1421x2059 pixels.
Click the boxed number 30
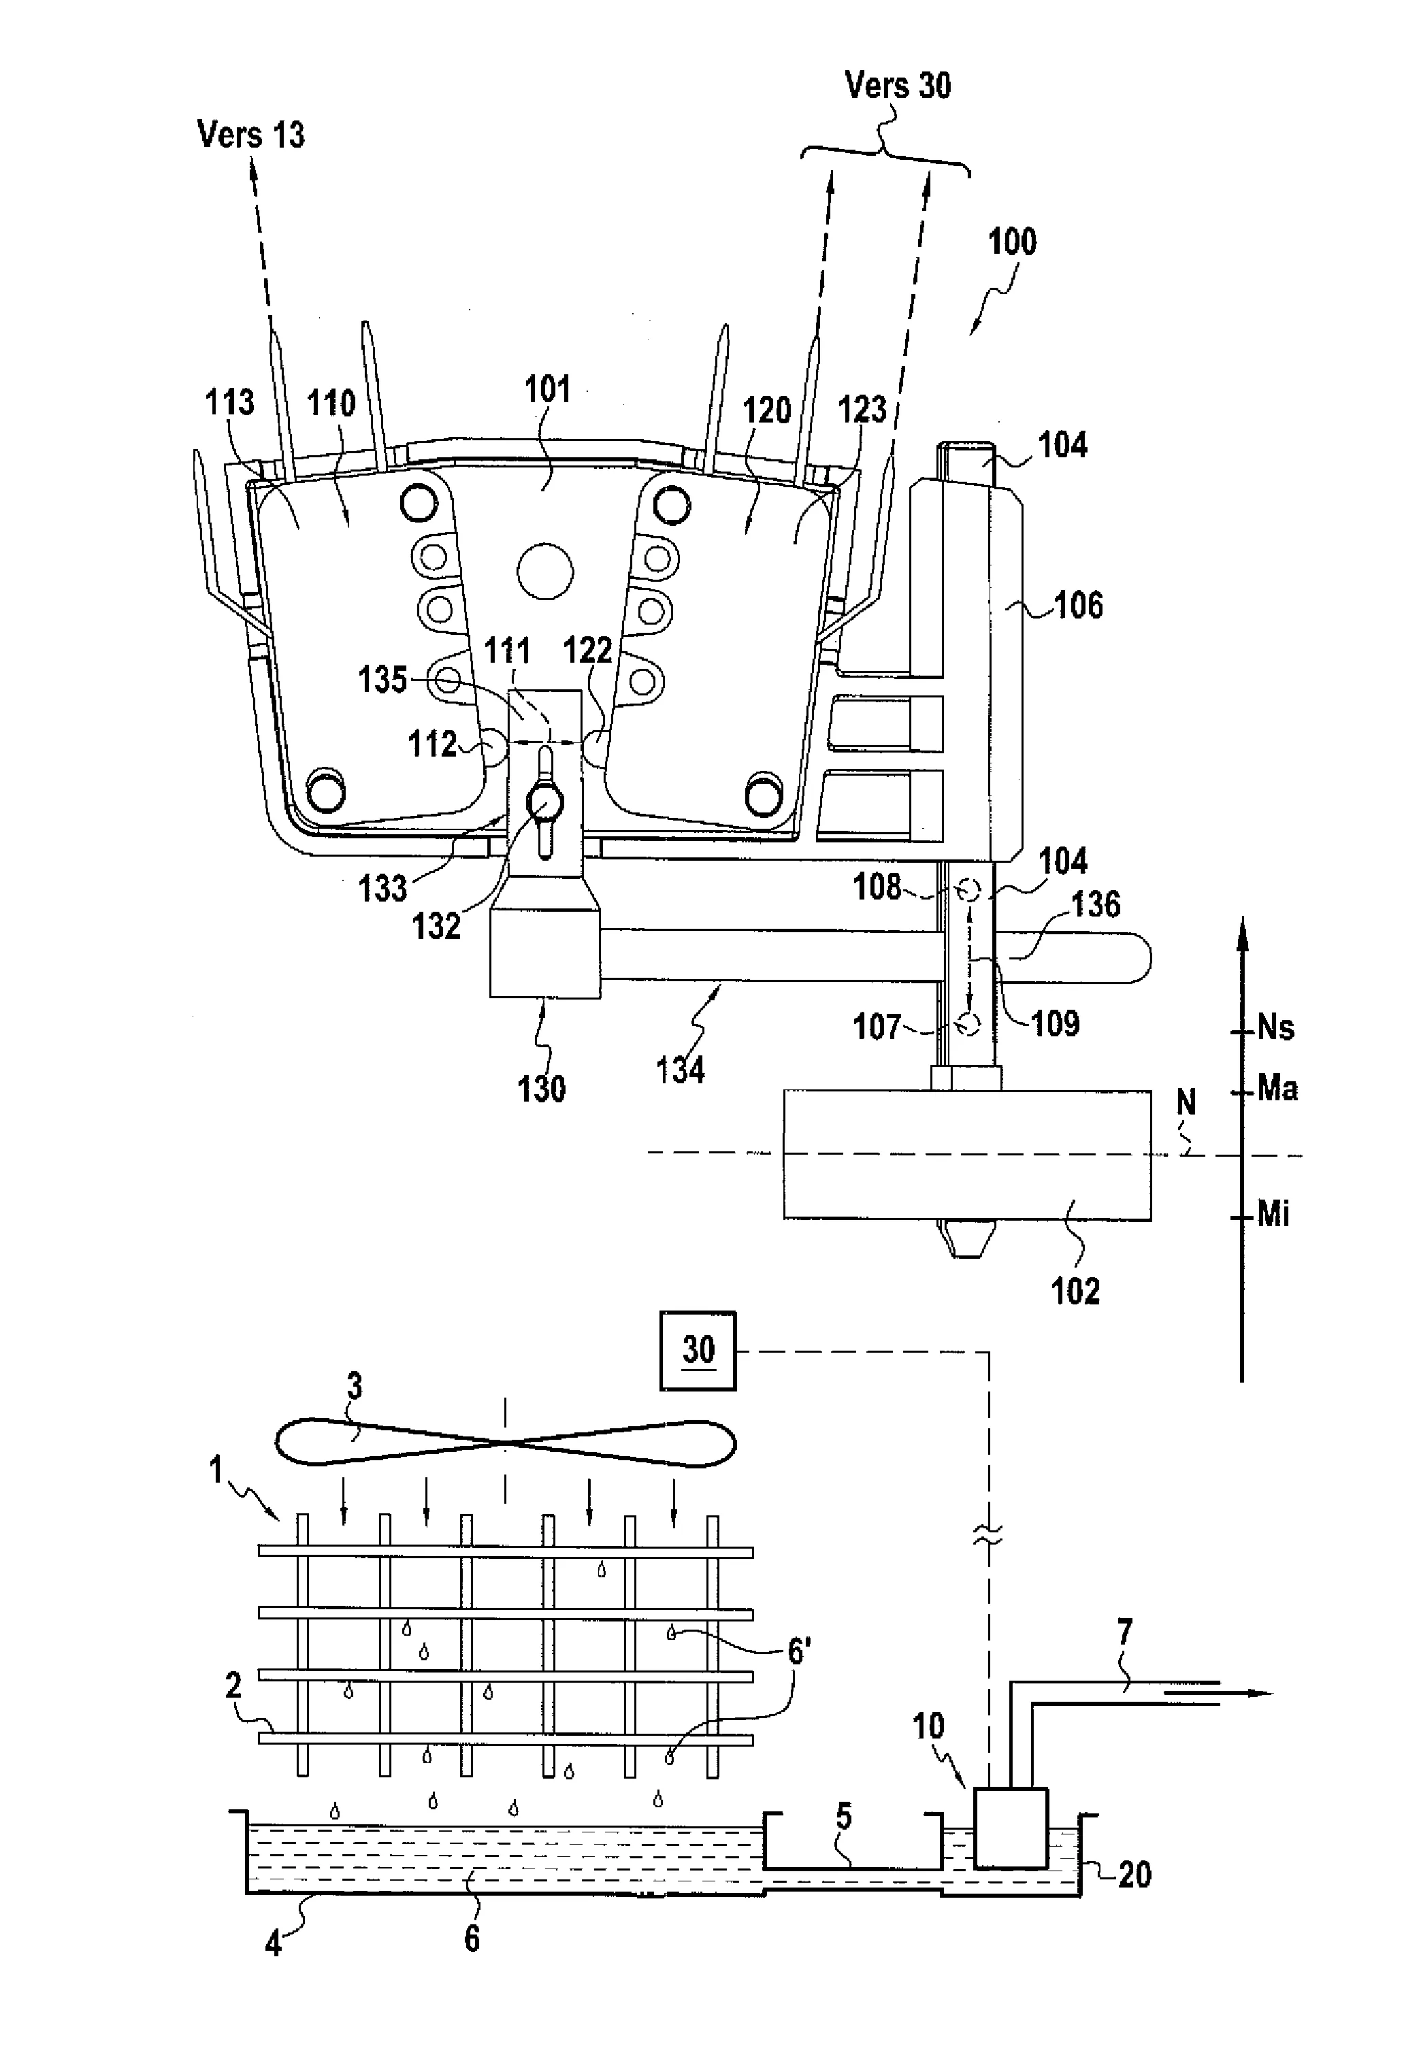point(698,1351)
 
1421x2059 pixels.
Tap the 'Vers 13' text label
point(251,135)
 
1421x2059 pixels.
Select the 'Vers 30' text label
point(898,86)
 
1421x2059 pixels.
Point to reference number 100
point(1013,242)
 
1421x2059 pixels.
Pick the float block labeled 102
point(967,1154)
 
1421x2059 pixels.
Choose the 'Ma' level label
point(1277,1088)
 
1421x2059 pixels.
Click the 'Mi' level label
point(1273,1214)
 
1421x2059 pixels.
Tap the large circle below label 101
point(545,571)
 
